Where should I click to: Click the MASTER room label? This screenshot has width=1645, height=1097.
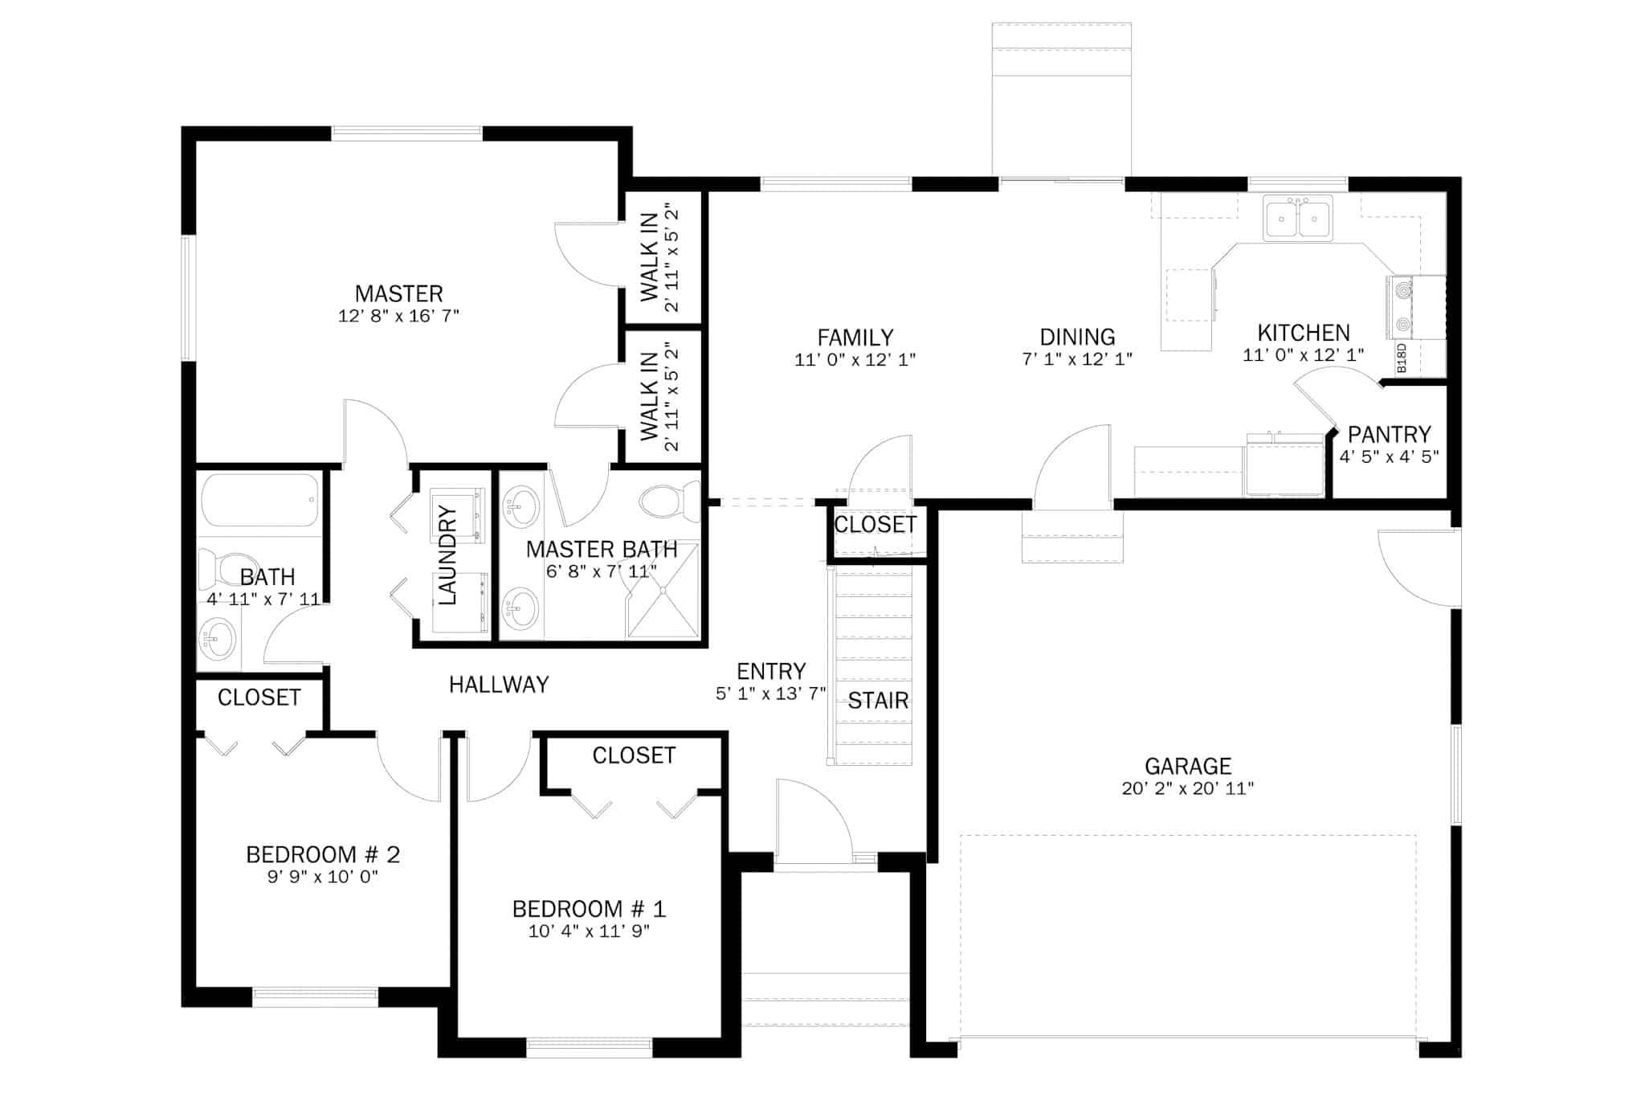[x=399, y=293]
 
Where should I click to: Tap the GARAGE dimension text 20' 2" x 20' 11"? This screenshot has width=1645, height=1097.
[x=1188, y=788]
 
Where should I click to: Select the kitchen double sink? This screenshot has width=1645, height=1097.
[x=1298, y=218]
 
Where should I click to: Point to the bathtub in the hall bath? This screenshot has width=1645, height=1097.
[x=260, y=500]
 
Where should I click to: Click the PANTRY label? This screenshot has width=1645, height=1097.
[x=1390, y=435]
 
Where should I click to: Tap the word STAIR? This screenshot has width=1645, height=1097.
[x=879, y=701]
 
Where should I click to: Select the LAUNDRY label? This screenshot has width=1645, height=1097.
[x=447, y=555]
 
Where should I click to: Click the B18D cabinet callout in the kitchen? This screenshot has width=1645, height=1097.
[x=1402, y=358]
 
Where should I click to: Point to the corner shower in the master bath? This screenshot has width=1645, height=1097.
[x=663, y=591]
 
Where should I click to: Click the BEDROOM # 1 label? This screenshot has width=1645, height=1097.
[x=590, y=909]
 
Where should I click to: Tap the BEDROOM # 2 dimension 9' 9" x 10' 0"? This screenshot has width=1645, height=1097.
[x=323, y=877]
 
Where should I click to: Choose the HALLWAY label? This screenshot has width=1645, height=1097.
[x=499, y=685]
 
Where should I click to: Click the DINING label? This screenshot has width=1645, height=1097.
[x=1078, y=337]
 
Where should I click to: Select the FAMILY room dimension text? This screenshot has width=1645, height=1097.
[x=855, y=360]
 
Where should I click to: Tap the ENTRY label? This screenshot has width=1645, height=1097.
[x=771, y=671]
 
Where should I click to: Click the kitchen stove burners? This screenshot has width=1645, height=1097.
[x=1402, y=306]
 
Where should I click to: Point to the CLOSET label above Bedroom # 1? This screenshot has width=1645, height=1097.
[x=635, y=755]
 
